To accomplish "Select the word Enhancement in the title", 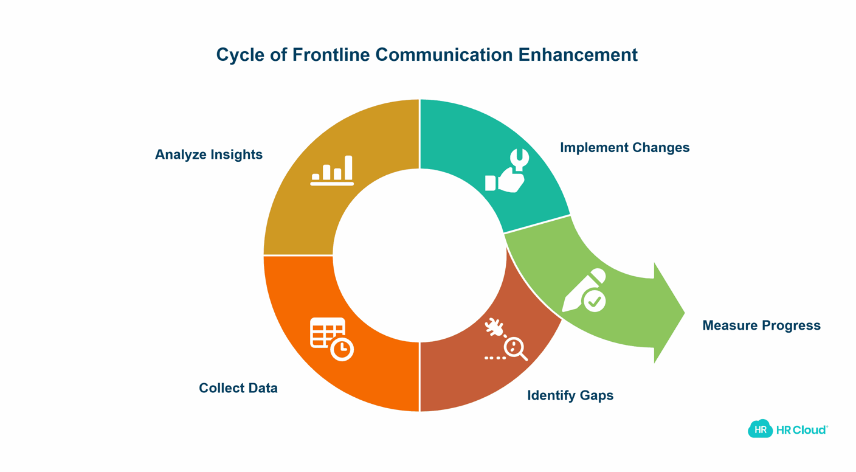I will (578, 55).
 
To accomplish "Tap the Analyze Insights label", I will (209, 154).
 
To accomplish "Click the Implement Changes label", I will (624, 148).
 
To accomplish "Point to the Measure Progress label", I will (761, 325).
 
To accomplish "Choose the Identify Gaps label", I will (570, 395).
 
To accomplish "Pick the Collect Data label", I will (238, 388).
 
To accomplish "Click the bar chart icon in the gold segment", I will (332, 171).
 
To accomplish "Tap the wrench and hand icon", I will (507, 172).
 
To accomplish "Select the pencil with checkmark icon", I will (585, 291).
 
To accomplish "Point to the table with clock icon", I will (331, 339).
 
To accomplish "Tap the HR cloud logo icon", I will (760, 429).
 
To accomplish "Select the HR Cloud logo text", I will (801, 430).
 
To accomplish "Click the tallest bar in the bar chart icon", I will (348, 168).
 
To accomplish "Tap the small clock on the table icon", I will (342, 349).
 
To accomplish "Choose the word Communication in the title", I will (444, 55).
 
